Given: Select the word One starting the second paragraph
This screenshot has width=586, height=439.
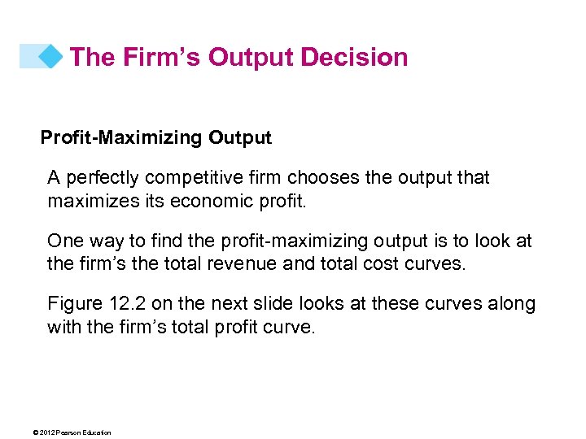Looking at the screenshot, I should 64,241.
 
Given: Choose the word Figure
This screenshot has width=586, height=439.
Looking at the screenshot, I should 75,304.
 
